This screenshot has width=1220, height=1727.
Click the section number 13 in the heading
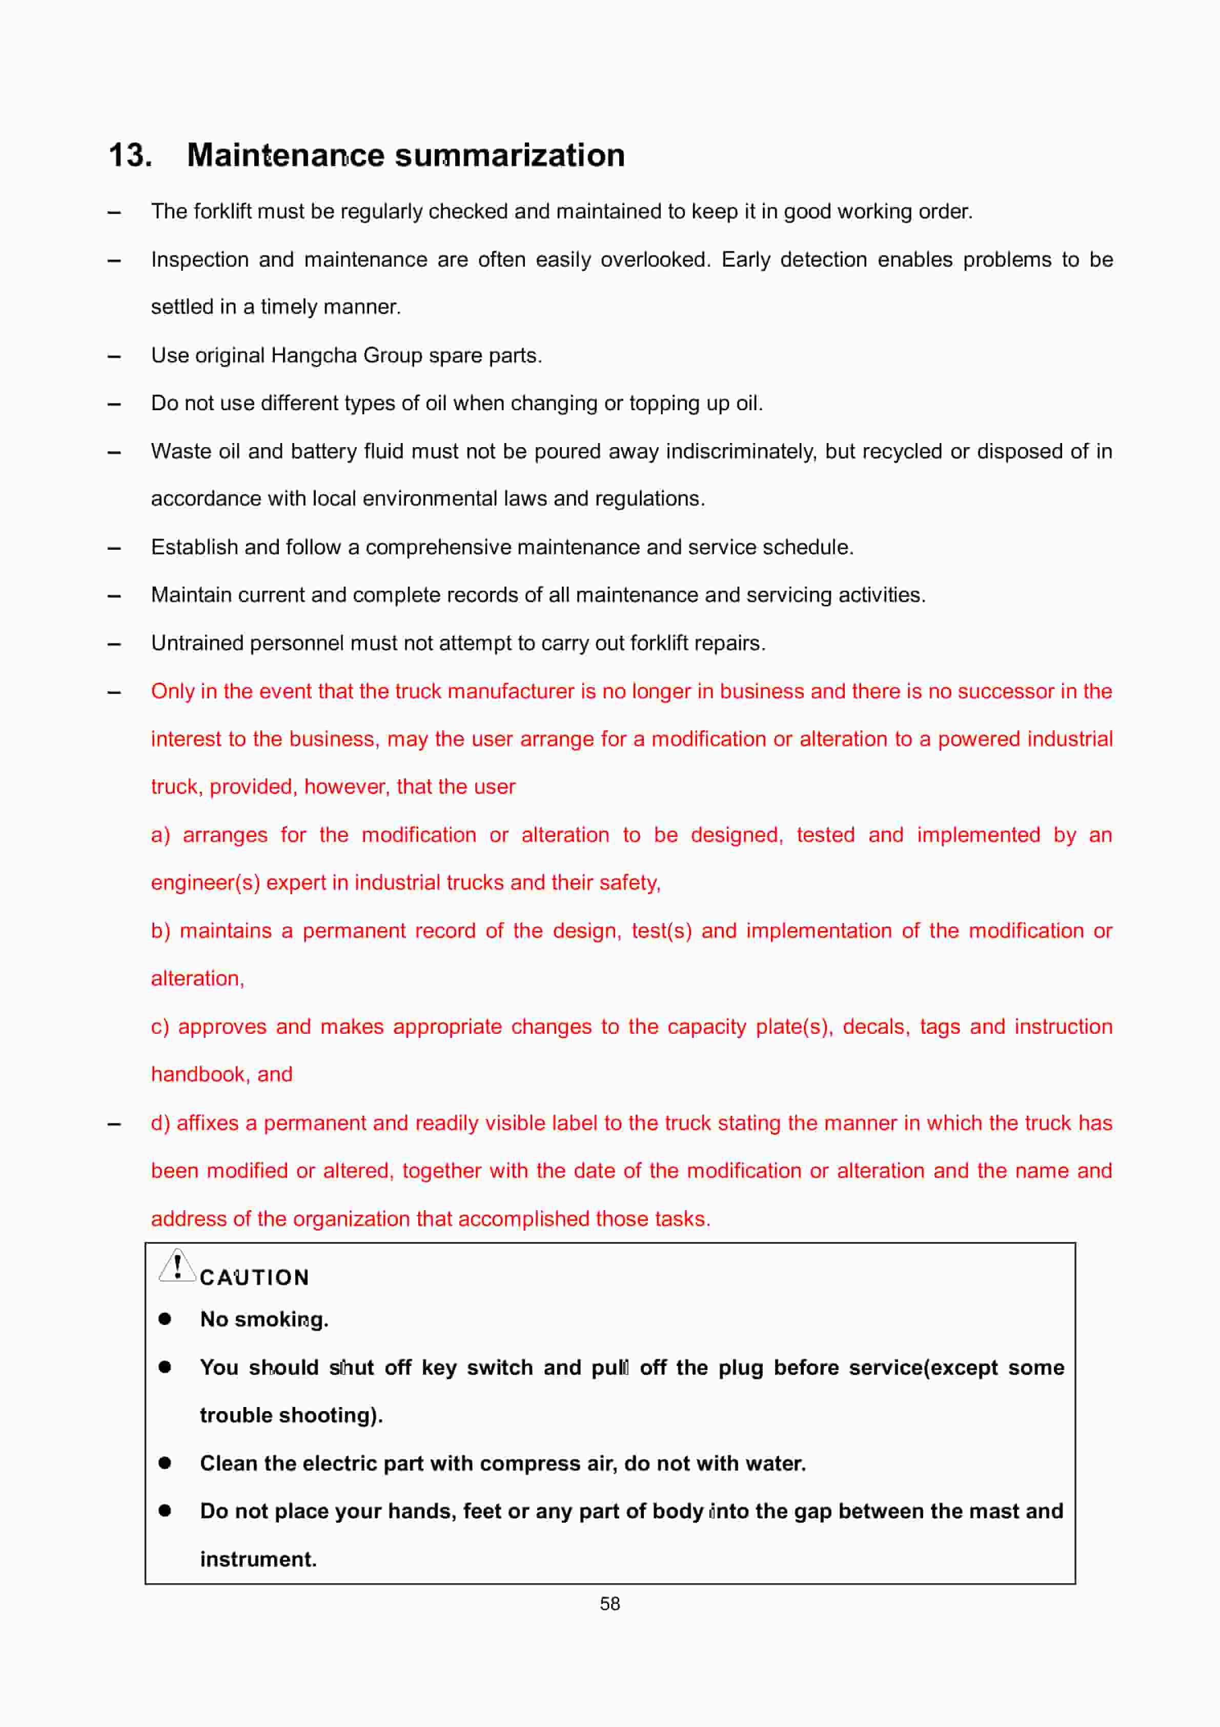point(129,156)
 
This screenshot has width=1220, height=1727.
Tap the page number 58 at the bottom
point(609,1603)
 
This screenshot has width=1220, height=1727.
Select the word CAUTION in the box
point(254,1277)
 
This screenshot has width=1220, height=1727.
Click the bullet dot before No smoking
point(165,1318)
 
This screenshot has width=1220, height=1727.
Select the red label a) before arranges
point(160,835)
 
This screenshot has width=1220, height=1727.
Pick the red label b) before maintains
point(160,931)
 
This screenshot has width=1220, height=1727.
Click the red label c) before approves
point(159,1027)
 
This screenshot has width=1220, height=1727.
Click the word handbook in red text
point(197,1074)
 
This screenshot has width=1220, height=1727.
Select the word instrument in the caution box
point(257,1559)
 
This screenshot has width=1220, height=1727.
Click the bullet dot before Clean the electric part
point(165,1463)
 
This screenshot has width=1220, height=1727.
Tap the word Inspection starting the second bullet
point(199,259)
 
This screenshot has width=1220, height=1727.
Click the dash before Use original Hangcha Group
point(114,356)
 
